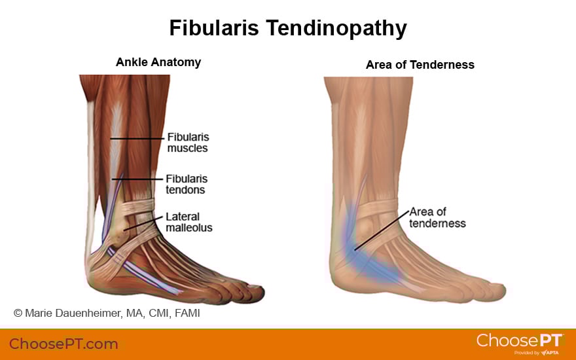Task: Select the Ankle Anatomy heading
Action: (x=158, y=63)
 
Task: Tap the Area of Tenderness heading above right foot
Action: (x=420, y=65)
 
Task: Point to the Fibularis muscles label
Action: (x=188, y=143)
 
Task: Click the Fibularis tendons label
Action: (x=187, y=184)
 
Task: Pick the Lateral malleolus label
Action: (x=189, y=222)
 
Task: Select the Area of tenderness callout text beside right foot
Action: (x=437, y=217)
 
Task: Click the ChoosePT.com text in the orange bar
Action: (x=63, y=344)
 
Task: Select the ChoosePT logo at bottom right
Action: (x=520, y=340)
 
